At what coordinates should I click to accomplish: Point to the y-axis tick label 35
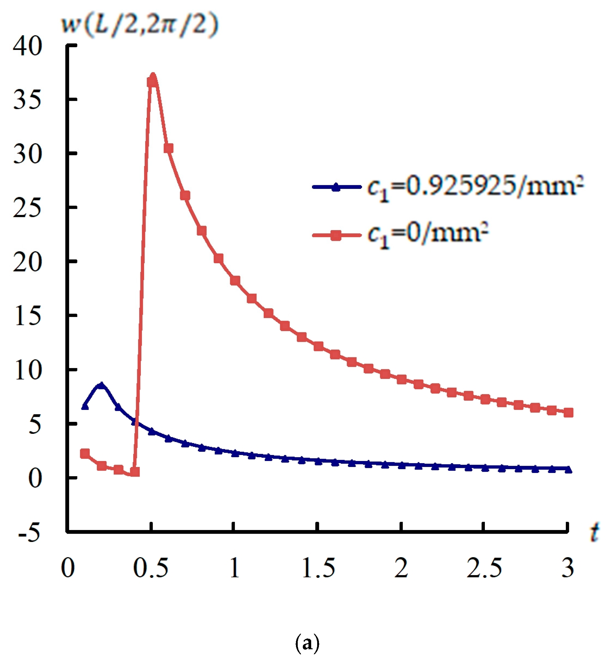pos(28,100)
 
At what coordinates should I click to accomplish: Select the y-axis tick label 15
pos(28,316)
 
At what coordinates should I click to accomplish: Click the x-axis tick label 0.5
pos(151,568)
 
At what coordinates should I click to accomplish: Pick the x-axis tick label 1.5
pos(318,568)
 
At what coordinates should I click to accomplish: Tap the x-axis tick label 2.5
pos(484,568)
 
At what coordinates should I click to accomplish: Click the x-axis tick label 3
pos(568,568)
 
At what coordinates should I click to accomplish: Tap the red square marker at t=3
pos(568,413)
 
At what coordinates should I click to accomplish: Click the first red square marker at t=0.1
pos(85,454)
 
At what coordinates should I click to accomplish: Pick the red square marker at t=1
pos(235,281)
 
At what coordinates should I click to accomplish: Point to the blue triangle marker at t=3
pos(568,470)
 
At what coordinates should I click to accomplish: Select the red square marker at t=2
pos(401,379)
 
